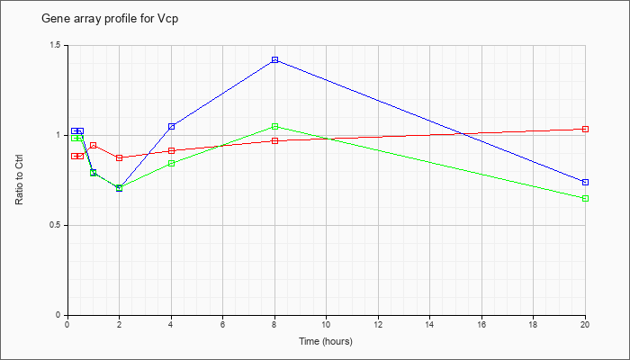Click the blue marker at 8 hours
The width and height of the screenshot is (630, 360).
point(274,60)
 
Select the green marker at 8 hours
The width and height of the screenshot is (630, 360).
point(274,127)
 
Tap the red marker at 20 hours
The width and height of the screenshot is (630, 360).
point(585,129)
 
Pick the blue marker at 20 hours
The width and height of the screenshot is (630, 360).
point(585,183)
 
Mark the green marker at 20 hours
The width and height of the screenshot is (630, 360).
point(585,199)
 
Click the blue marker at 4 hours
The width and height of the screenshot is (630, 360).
point(172,127)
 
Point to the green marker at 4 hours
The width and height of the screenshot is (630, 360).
point(172,164)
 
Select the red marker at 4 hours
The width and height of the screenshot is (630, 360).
point(172,150)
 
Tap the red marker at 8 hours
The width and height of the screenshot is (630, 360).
point(274,140)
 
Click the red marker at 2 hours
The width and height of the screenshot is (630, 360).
point(120,157)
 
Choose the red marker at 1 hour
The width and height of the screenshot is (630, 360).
point(94,145)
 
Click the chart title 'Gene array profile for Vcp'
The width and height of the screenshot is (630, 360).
point(110,19)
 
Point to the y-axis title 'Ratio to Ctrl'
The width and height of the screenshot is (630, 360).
point(19,180)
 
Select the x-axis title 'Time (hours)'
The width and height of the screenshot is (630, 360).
point(326,341)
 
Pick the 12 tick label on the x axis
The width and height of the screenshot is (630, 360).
point(378,324)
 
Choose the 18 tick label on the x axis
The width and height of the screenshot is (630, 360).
point(533,324)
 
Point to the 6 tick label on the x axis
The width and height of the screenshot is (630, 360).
point(223,324)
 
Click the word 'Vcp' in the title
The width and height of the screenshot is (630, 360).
point(169,19)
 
